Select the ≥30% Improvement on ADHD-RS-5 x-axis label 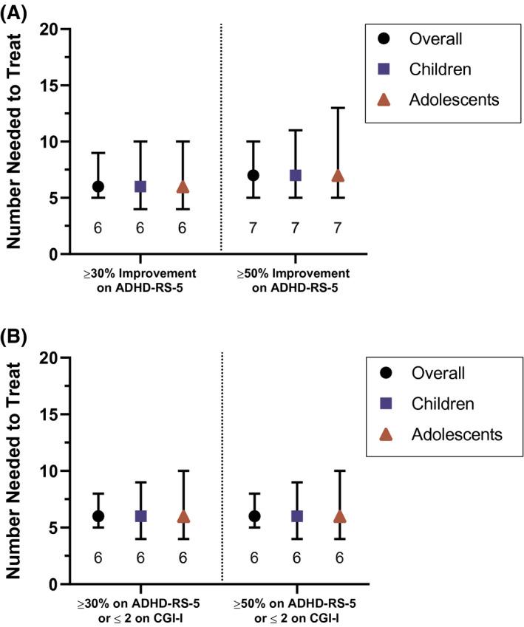pyautogui.click(x=140, y=280)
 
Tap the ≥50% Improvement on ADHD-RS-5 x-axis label pyautogui.click(x=296, y=280)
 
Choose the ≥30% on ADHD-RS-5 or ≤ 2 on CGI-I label pyautogui.click(x=140, y=611)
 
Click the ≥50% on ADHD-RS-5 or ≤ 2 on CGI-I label pyautogui.click(x=296, y=611)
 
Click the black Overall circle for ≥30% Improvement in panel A pyautogui.click(x=98, y=186)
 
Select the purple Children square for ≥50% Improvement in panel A pyautogui.click(x=296, y=175)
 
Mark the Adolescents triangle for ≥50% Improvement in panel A pyautogui.click(x=338, y=176)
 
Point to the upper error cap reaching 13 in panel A pyautogui.click(x=338, y=108)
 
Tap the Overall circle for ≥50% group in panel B pyautogui.click(x=254, y=516)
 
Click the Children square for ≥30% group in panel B pyautogui.click(x=140, y=516)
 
